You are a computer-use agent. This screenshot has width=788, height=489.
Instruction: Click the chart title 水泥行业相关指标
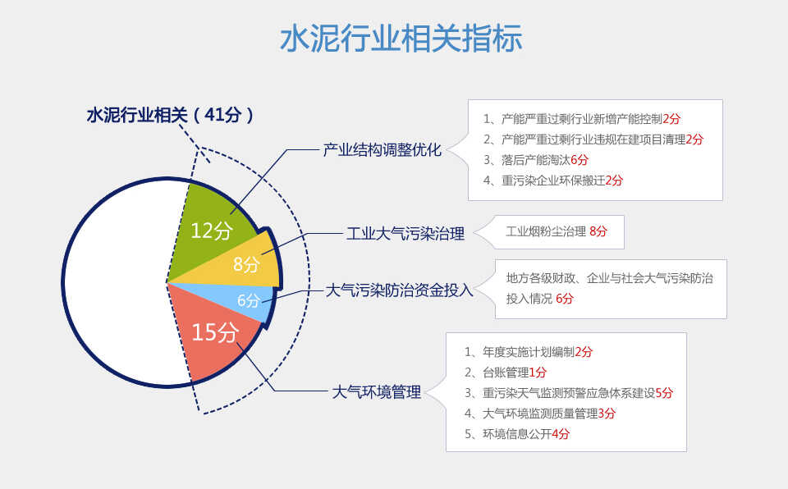click(x=401, y=39)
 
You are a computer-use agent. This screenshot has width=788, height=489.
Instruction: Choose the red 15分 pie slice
click(x=213, y=331)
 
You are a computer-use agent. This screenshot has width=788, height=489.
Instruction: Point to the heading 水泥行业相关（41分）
click(x=170, y=115)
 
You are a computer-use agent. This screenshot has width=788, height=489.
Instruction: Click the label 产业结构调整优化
click(x=382, y=150)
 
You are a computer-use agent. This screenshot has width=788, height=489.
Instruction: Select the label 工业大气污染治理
click(x=405, y=234)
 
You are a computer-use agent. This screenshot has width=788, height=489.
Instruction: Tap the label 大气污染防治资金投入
click(x=400, y=290)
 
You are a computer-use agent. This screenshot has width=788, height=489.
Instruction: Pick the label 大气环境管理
click(x=377, y=392)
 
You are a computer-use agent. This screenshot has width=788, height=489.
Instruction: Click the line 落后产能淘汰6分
click(x=536, y=160)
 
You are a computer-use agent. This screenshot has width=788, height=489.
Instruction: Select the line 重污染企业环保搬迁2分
click(x=552, y=181)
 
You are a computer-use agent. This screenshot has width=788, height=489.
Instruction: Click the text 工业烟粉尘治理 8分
click(x=557, y=231)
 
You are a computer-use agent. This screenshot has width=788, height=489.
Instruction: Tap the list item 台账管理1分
click(x=505, y=372)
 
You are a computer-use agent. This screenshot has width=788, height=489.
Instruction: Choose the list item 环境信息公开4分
click(x=516, y=434)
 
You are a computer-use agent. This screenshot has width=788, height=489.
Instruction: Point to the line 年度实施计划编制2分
click(x=528, y=352)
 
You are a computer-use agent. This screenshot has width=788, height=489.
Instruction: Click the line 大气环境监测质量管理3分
click(x=540, y=414)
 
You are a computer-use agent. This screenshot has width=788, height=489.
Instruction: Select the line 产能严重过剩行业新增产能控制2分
click(x=581, y=119)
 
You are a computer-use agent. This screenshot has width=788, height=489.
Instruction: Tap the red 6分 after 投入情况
click(x=565, y=299)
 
